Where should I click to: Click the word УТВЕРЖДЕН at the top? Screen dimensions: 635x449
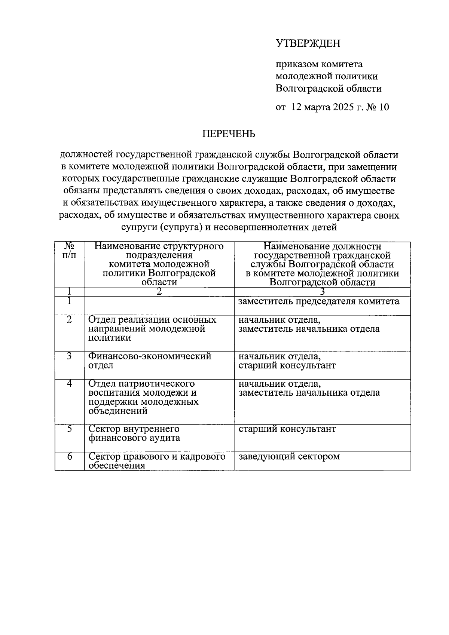(x=308, y=44)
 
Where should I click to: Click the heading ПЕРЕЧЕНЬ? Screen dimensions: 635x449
(x=229, y=134)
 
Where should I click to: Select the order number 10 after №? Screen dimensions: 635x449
(x=384, y=107)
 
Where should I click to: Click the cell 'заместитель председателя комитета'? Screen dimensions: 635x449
(x=319, y=301)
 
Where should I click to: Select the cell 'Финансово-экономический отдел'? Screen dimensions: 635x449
(x=150, y=361)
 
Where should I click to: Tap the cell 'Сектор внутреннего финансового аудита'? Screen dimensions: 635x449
(x=134, y=433)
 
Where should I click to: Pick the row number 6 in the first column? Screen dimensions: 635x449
(x=70, y=457)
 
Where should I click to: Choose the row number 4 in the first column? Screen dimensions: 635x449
(x=70, y=384)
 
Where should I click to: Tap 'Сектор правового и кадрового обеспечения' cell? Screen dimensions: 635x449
(x=157, y=461)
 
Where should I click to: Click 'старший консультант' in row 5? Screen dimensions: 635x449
(x=287, y=429)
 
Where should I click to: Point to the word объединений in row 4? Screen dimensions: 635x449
(x=118, y=411)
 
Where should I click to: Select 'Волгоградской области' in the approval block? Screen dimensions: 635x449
(x=329, y=89)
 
